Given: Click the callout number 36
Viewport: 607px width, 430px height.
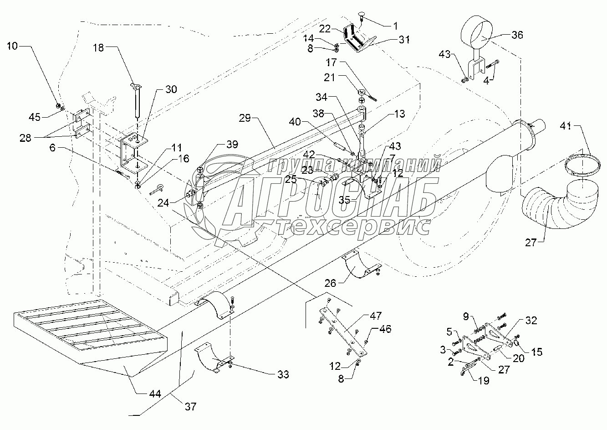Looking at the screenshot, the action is tap(517, 35).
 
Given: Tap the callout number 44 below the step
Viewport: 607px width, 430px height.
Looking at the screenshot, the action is tap(155, 394).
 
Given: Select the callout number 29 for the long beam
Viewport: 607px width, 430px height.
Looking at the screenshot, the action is tap(245, 118).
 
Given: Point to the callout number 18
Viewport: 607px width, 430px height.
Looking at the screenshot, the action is tap(98, 48).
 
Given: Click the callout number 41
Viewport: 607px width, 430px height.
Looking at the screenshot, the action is tap(566, 126).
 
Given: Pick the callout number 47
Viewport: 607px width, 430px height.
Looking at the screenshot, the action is tap(376, 316).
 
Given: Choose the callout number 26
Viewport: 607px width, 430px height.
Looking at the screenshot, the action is tap(330, 283).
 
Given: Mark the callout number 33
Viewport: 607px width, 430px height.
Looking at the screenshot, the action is tap(283, 374).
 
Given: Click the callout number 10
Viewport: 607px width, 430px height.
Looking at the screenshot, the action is tap(12, 46).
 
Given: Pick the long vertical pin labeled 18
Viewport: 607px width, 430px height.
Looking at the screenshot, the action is tap(137, 100).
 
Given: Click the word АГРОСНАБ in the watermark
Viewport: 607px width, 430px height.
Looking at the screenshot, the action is tap(329, 201).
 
